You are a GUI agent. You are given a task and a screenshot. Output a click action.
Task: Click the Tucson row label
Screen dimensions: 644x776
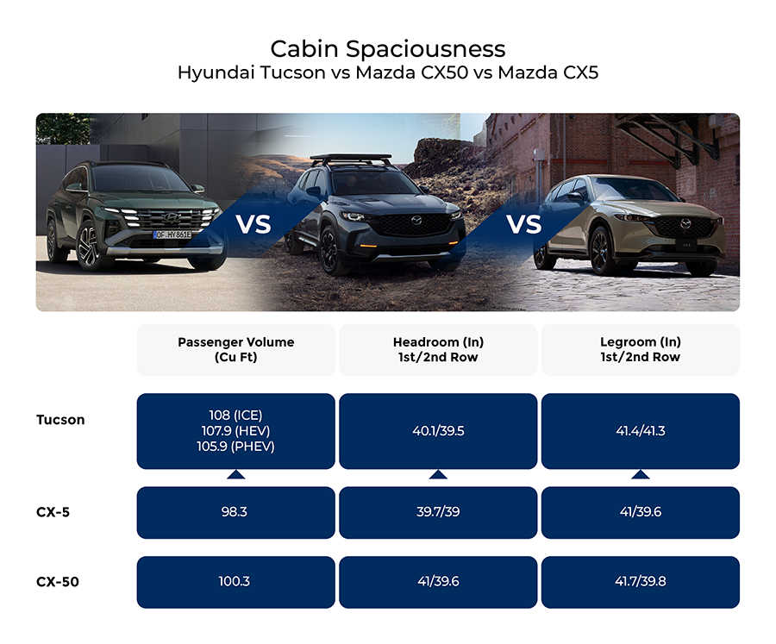point(60,420)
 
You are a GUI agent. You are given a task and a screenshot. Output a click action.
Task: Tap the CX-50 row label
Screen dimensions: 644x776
point(58,582)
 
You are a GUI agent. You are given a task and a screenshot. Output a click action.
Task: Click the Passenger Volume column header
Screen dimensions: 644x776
point(235,349)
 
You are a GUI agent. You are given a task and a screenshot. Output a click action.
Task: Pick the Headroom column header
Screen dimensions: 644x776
point(438,349)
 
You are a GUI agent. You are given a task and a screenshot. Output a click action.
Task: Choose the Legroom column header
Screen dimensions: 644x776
point(640,349)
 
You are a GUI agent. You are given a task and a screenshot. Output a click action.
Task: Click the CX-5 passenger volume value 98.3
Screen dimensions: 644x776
point(235,512)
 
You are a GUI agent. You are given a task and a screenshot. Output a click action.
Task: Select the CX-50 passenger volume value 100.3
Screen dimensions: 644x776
point(235,582)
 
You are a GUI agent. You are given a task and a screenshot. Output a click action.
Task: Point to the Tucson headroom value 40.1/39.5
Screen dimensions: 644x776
point(438,431)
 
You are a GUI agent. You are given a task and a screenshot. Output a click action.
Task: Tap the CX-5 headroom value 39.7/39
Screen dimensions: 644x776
point(438,512)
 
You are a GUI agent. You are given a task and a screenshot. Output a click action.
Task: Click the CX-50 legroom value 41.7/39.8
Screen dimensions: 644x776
point(640,582)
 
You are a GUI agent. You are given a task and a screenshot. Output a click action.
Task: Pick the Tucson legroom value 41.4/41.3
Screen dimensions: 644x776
point(640,431)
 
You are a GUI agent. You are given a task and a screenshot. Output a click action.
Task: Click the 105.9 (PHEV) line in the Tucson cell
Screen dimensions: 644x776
point(235,447)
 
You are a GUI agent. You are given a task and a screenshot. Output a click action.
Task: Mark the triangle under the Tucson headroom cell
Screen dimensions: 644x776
point(438,474)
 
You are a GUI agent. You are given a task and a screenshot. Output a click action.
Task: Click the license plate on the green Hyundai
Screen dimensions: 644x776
point(172,234)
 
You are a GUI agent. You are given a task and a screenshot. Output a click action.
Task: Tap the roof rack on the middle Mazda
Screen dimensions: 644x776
point(351,160)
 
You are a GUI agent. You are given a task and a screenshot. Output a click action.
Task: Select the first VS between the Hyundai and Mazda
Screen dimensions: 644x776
point(253,225)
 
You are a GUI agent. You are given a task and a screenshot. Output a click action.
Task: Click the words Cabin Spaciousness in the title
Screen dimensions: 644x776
point(387,47)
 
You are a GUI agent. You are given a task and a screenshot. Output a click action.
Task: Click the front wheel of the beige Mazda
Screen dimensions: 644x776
point(601,251)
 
